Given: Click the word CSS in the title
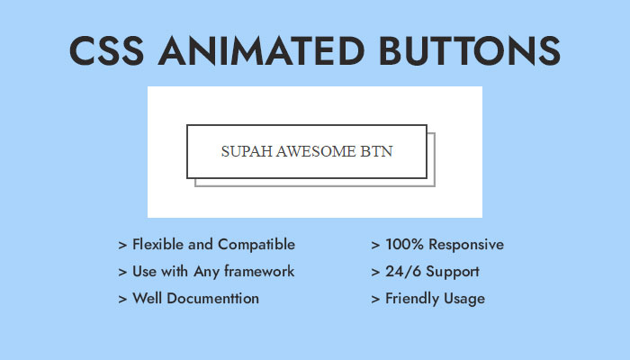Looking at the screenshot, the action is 106,50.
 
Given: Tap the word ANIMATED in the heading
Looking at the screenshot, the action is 262,50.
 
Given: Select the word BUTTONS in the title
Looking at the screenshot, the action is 470,50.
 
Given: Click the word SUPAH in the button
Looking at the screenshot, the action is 247,151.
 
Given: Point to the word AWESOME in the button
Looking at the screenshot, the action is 316,151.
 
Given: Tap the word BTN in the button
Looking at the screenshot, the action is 376,151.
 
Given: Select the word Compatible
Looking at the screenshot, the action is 256,245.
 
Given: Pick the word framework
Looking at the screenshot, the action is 259,271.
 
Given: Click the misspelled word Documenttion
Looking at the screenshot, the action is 213,298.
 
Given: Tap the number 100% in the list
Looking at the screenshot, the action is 404,244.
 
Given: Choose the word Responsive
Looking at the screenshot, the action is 466,245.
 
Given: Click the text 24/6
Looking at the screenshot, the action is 403,272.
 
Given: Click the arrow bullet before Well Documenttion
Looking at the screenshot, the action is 122,299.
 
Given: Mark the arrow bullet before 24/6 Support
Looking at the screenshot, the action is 375,272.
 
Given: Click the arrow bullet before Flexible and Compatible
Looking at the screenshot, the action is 122,245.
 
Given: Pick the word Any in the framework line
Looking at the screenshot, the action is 206,272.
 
